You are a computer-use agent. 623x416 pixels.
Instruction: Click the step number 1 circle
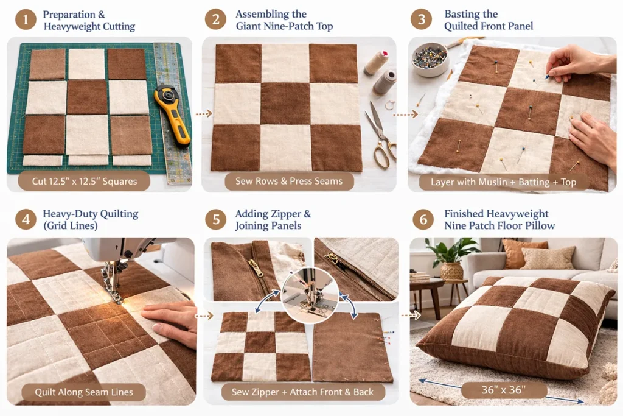pos(26,19)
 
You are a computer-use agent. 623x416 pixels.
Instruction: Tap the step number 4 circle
pos(26,219)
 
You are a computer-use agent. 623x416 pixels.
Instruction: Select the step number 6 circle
pos(423,219)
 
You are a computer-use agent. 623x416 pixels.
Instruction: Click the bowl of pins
pos(430,59)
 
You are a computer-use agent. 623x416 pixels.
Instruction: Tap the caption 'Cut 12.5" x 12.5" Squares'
pos(84,182)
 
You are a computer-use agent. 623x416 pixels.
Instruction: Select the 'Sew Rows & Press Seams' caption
pos(289,182)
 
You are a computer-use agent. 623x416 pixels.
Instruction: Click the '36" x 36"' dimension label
pos(503,390)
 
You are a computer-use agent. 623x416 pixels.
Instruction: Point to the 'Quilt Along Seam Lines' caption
pos(84,392)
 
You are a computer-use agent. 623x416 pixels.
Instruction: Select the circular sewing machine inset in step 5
pos(310,295)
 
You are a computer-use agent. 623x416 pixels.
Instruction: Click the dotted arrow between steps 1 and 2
pos(204,114)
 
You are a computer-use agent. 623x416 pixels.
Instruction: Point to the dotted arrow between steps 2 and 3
pos(405,115)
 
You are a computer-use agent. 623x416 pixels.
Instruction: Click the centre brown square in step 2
pos(285,104)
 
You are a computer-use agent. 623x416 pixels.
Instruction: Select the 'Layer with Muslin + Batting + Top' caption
pos(503,182)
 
